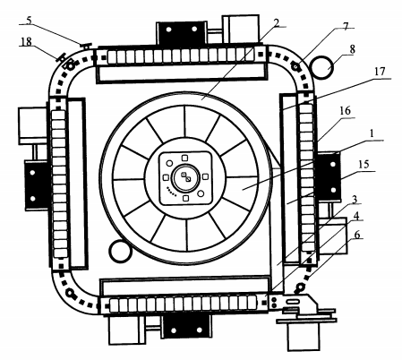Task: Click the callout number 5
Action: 29,21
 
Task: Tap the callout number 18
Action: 26,41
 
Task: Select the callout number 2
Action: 277,22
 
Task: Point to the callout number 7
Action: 346,26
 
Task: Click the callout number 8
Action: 352,49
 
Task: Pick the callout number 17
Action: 380,72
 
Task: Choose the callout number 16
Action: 345,111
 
